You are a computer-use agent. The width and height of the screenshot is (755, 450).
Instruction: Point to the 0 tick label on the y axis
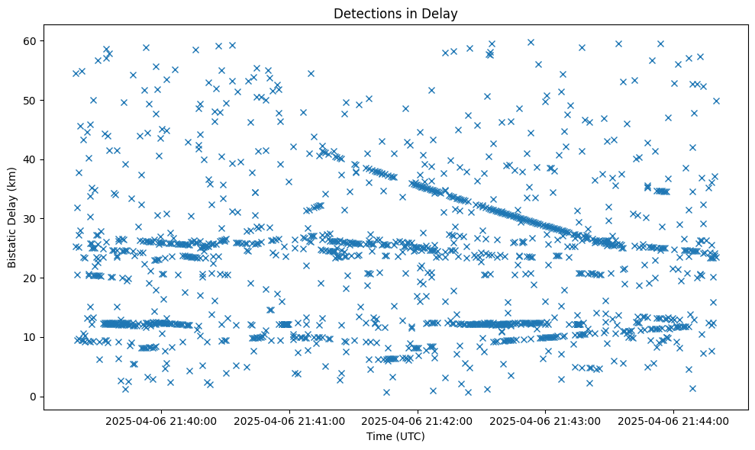pyautogui.click(x=33, y=397)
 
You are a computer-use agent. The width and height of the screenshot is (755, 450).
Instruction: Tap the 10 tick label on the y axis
pyautogui.click(x=30, y=337)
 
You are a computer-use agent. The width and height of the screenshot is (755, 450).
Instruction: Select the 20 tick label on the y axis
pyautogui.click(x=30, y=278)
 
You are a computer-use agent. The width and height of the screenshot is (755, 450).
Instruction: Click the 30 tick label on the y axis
pyautogui.click(x=30, y=219)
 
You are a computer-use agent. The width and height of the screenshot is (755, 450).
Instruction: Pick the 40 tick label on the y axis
pyautogui.click(x=30, y=159)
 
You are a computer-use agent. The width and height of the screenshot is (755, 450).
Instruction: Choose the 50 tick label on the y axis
pyautogui.click(x=30, y=100)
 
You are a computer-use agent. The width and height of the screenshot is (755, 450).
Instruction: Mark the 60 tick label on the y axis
pyautogui.click(x=30, y=40)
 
